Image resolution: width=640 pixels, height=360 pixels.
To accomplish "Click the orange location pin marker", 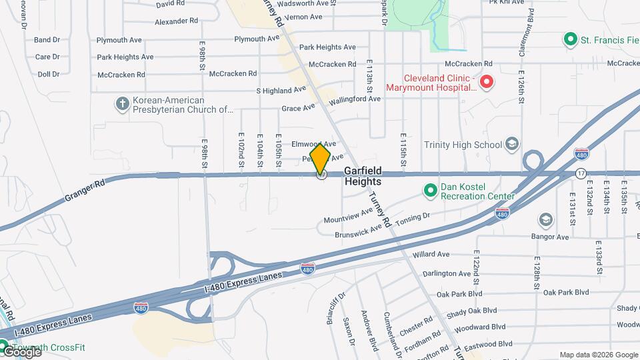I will point(321,159).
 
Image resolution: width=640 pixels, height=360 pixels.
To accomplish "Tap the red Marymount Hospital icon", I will point(487,83).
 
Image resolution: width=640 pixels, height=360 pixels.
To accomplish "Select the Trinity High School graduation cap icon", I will point(512,144).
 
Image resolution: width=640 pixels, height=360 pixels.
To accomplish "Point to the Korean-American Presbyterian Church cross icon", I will point(122,103).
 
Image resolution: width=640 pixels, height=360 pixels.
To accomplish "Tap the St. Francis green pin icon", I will point(570,40).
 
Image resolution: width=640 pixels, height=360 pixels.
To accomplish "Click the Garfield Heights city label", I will point(363,176).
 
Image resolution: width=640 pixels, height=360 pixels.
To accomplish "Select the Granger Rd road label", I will point(86,194).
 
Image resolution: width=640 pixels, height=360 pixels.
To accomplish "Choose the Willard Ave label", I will point(431,255).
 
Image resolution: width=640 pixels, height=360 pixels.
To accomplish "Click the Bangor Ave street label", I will point(549,237).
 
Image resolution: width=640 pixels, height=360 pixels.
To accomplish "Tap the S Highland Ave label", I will point(281,90).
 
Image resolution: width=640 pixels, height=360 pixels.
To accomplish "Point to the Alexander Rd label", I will point(177,21).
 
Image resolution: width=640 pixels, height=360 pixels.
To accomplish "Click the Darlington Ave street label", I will point(447,273).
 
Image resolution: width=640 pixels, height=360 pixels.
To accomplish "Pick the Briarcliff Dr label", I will point(335,307).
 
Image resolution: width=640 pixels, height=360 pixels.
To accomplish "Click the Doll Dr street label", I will point(49,74).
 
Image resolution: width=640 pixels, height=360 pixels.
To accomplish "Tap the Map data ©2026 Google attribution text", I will point(598,355).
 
